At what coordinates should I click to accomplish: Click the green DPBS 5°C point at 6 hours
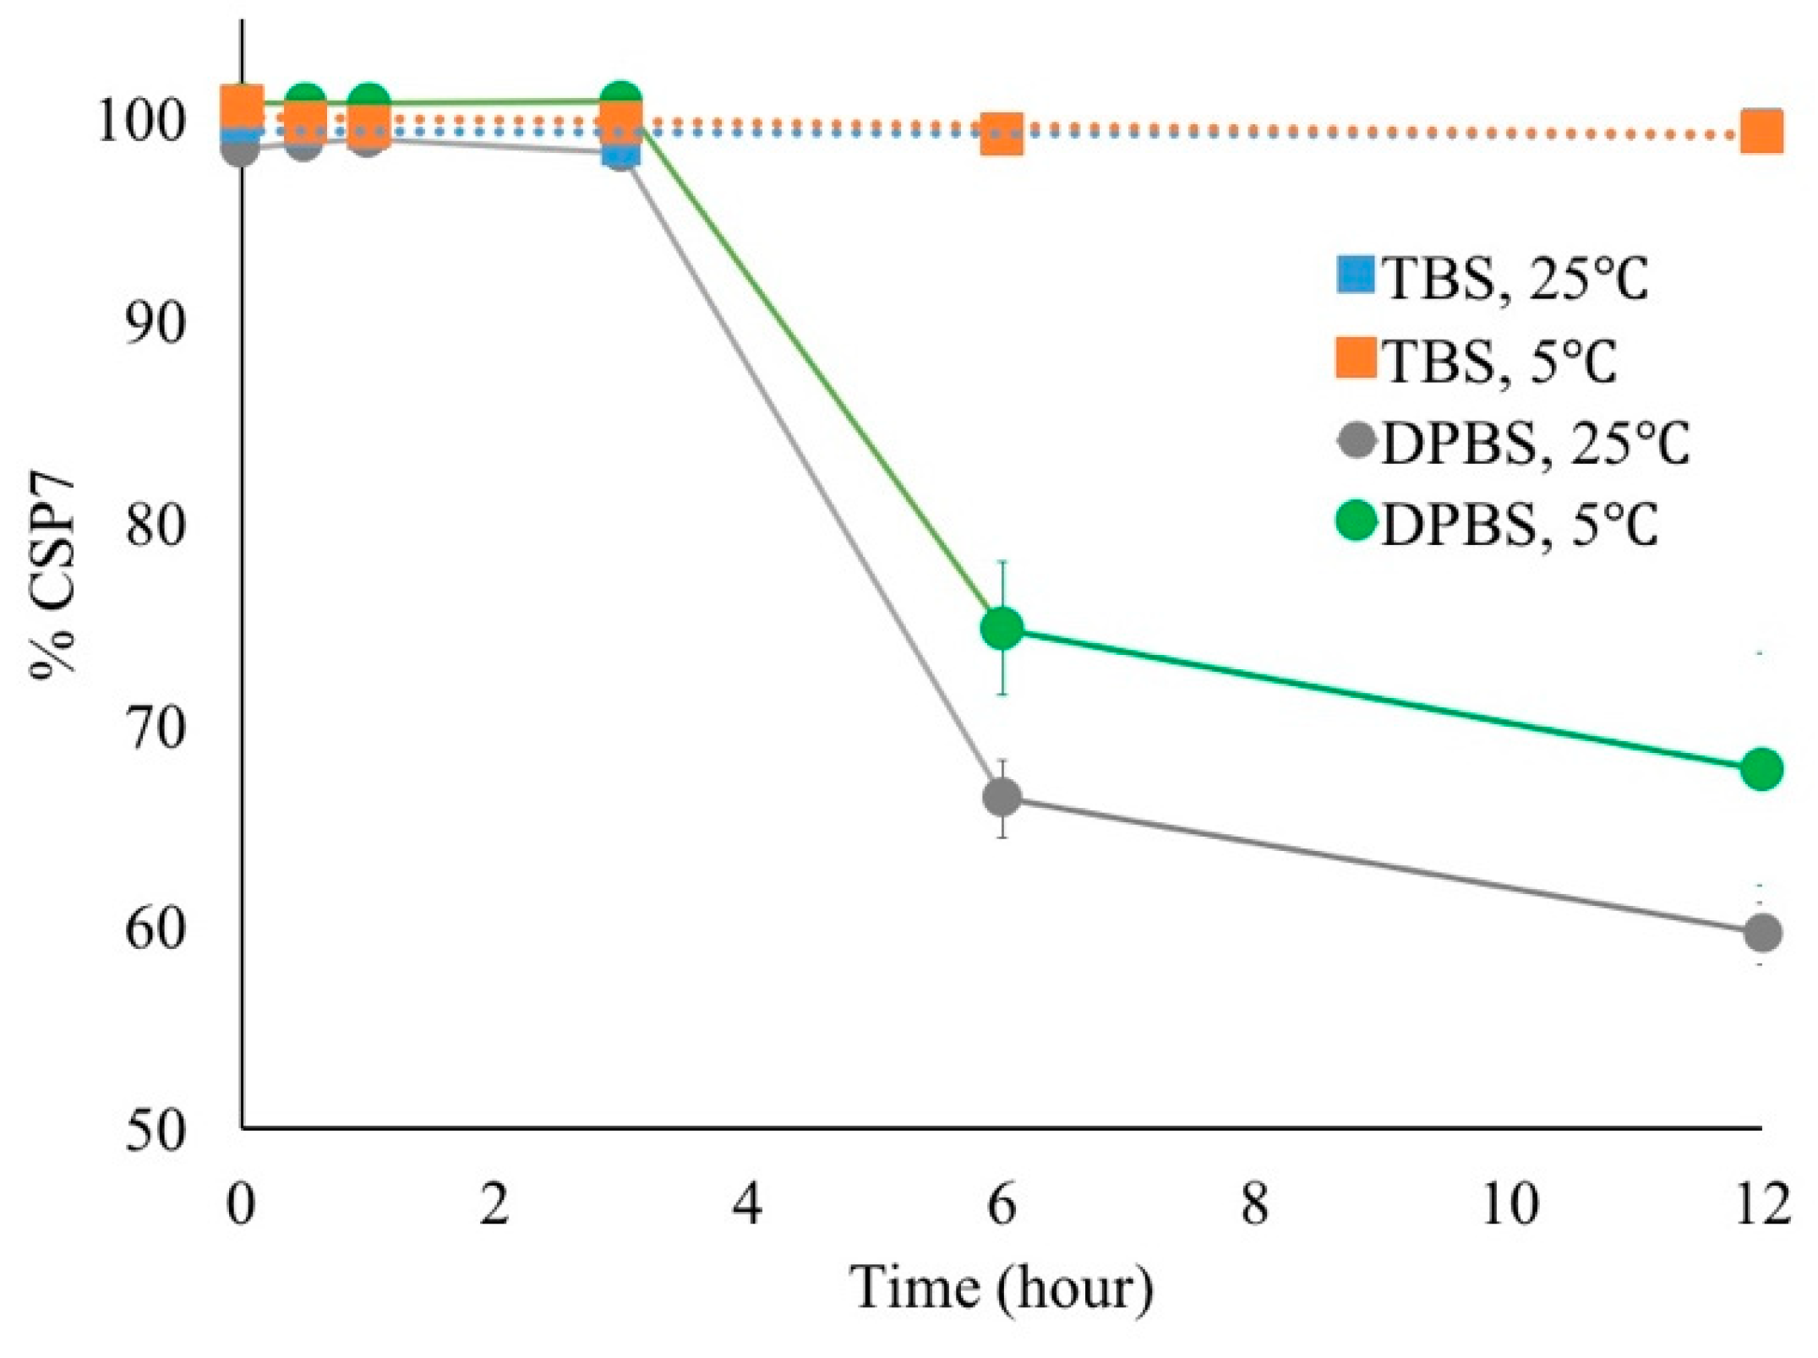[x=1002, y=628]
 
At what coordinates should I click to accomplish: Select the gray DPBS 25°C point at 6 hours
[x=1002, y=796]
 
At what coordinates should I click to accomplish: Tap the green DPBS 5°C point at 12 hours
[x=1761, y=769]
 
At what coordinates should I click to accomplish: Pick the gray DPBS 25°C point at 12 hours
[x=1761, y=933]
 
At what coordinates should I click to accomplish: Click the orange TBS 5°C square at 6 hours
[x=1002, y=134]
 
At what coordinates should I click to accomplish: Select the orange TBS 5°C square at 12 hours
[x=1761, y=134]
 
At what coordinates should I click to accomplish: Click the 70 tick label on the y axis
[x=155, y=728]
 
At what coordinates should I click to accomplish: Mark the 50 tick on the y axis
[x=155, y=1131]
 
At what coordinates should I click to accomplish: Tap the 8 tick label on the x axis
[x=1255, y=1203]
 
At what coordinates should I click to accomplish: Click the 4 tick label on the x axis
[x=748, y=1203]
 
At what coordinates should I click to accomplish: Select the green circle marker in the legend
[x=1357, y=521]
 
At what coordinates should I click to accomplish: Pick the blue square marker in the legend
[x=1356, y=275]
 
